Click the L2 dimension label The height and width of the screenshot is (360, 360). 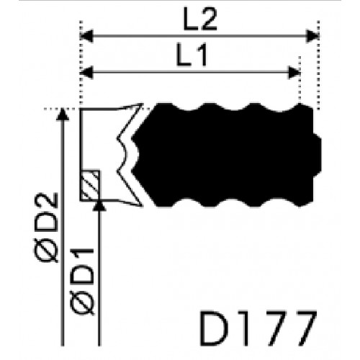pyautogui.click(x=200, y=19)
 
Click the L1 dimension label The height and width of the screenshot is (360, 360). pyautogui.click(x=192, y=54)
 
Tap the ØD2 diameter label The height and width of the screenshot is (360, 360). pyautogui.click(x=46, y=228)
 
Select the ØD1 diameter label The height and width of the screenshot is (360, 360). pyautogui.click(x=82, y=282)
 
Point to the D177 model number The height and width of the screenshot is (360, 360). pyautogui.click(x=258, y=328)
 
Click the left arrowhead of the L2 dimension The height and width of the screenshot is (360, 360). pyautogui.click(x=86, y=36)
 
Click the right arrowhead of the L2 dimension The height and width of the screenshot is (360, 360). pyautogui.click(x=312, y=36)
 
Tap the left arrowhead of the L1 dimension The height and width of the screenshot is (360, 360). pyautogui.click(x=86, y=72)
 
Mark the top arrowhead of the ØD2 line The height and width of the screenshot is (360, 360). pyautogui.click(x=63, y=114)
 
